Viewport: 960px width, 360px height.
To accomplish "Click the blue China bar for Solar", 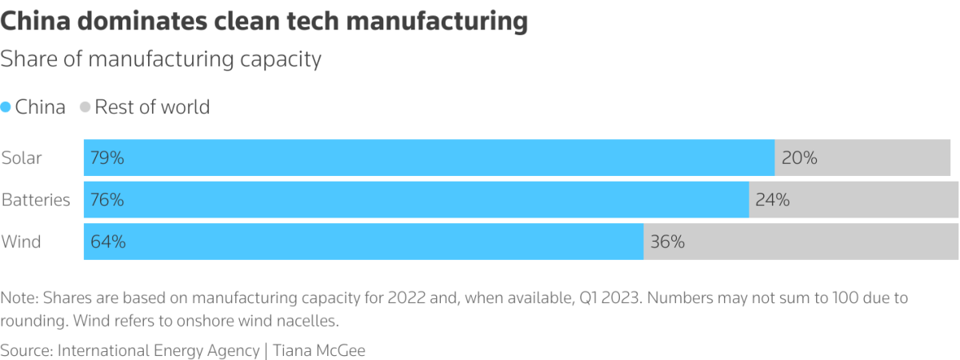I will pos(429,158).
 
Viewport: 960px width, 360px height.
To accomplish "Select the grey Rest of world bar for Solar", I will pos(862,158).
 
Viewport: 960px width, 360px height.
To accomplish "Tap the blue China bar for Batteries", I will pos(416,200).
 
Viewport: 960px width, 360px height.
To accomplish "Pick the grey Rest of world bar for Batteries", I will pos(854,200).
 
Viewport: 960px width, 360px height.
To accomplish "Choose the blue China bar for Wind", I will pos(364,242).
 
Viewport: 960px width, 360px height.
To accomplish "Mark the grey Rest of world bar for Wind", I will pos(801,242).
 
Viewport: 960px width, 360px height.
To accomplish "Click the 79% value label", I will pos(107,158).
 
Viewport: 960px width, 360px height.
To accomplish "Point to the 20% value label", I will pos(799,158).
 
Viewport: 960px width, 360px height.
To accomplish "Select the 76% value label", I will pos(107,200).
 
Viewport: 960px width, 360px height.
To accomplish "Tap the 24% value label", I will pos(773,200).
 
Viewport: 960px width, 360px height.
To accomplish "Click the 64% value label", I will pos(107,242).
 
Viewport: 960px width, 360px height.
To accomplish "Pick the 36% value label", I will pos(667,242).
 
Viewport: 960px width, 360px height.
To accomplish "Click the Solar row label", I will pos(22,158).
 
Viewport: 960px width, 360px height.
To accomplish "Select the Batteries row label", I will pos(36,200).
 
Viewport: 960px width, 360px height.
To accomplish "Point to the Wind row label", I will pos(21,242).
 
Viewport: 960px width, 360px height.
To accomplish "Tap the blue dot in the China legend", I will pos(6,107).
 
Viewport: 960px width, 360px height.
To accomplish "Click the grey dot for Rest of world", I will pos(85,107).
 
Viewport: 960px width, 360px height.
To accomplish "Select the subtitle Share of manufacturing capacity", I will pos(161,59).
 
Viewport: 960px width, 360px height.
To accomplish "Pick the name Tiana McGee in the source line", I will pos(319,350).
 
